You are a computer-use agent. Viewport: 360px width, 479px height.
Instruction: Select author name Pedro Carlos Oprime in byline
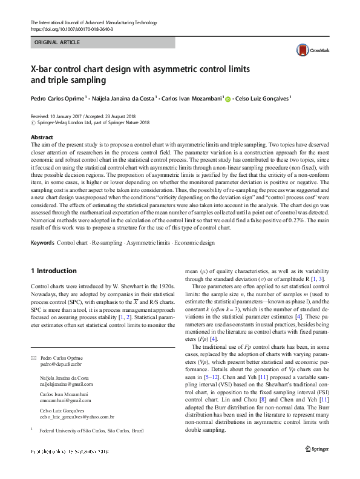[x=59, y=97]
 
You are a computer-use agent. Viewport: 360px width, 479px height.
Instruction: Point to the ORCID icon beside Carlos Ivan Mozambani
[x=228, y=98]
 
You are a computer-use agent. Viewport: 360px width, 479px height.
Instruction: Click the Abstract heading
[x=42, y=137]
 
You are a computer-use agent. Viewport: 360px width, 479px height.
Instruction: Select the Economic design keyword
[x=195, y=242]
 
